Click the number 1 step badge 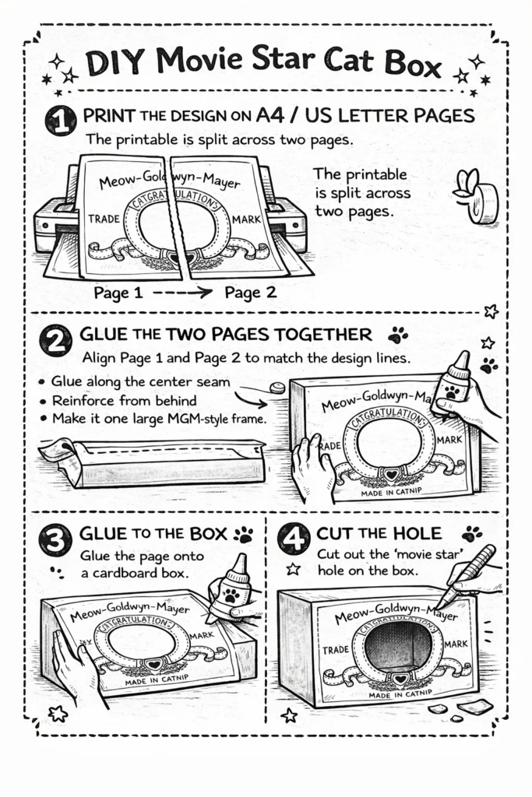[x=61, y=121]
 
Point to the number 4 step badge [x=294, y=538]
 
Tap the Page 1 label [x=118, y=293]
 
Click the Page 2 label [x=250, y=293]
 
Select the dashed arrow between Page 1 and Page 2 [x=182, y=293]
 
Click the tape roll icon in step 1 [x=476, y=195]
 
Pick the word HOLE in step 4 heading [x=417, y=533]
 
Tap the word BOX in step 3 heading [x=209, y=534]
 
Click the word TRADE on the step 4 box [x=336, y=650]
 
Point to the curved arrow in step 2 [x=252, y=396]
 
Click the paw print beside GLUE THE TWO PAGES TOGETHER [x=397, y=335]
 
